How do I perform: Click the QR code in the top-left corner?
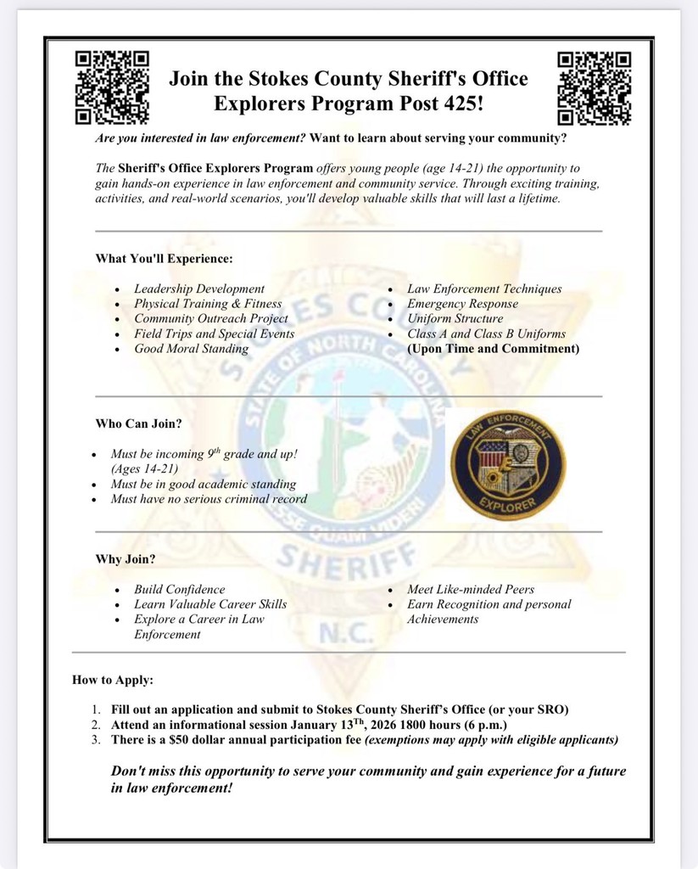(113, 87)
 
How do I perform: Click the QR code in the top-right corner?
(595, 87)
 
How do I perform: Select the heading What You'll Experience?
(164, 258)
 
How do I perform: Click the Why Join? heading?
(125, 559)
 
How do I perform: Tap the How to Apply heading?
(113, 680)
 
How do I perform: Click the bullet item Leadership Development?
(199, 289)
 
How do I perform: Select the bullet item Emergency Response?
(462, 304)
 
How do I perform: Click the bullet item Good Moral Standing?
(191, 349)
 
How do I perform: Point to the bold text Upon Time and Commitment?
(493, 349)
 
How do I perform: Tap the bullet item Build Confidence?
(180, 589)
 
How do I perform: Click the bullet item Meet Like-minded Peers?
(471, 589)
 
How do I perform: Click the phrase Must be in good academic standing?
(203, 484)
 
